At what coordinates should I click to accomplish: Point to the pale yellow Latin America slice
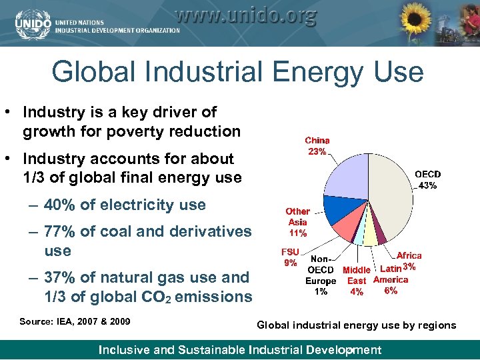click(x=371, y=237)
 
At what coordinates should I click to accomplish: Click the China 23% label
click(x=317, y=146)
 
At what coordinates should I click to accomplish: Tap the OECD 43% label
click(x=428, y=180)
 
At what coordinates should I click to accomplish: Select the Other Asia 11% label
click(x=298, y=222)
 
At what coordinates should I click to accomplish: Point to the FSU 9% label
click(x=290, y=257)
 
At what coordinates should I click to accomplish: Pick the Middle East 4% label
click(x=357, y=281)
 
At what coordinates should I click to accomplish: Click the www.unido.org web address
click(x=246, y=14)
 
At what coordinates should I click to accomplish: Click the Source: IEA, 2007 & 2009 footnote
click(x=75, y=321)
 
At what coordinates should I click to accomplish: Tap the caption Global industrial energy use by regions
click(x=357, y=325)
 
